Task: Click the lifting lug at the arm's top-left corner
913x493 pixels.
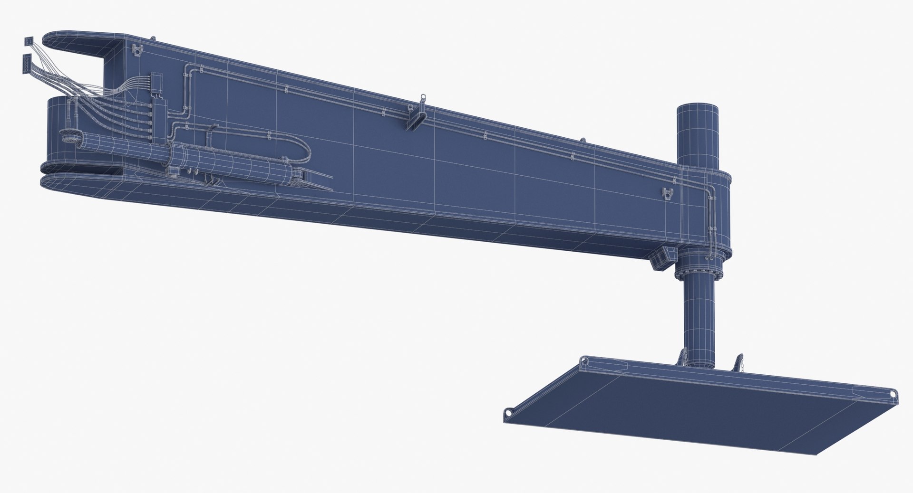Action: coord(138,50)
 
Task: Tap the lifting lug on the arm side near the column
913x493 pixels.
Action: coord(668,193)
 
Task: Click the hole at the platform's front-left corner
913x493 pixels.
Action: coord(509,412)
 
